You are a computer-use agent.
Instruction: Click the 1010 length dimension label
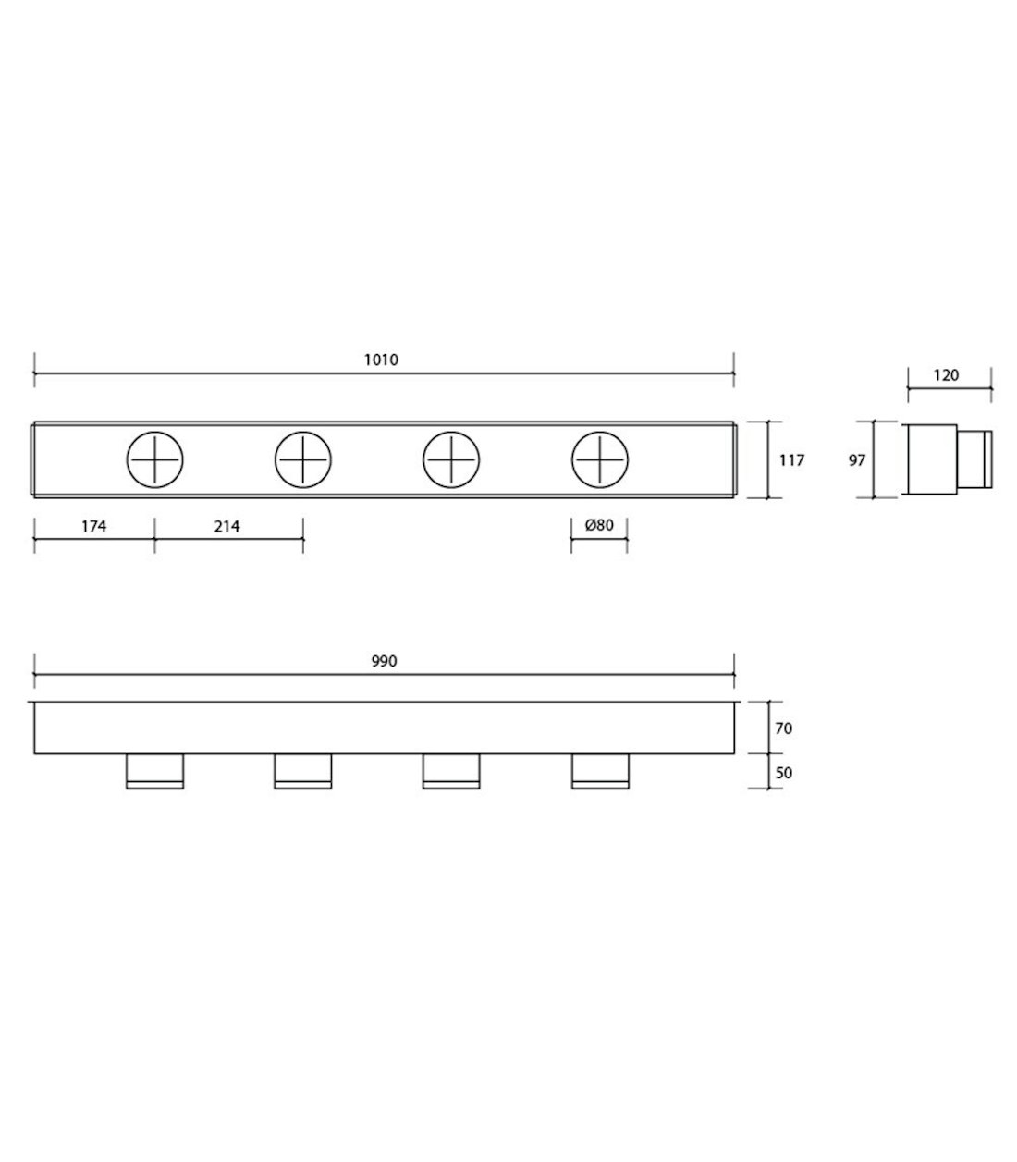(381, 360)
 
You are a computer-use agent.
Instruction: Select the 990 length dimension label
(384, 662)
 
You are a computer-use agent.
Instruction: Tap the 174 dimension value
(94, 526)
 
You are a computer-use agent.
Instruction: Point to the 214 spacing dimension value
(227, 526)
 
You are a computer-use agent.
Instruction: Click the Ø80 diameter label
(599, 526)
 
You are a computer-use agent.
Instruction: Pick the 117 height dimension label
(791, 459)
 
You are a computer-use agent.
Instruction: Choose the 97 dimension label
(857, 459)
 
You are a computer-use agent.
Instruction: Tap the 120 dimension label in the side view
(946, 375)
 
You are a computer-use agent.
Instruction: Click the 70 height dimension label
(782, 728)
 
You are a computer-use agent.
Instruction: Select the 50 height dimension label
(782, 772)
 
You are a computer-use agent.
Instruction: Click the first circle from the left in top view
(154, 459)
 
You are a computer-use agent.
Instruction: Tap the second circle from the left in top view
(303, 459)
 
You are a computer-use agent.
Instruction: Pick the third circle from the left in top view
(451, 459)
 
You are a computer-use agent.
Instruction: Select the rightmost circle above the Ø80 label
(599, 459)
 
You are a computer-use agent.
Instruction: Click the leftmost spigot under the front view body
(154, 772)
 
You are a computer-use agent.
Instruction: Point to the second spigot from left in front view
(303, 772)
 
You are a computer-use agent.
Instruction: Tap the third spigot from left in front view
(451, 772)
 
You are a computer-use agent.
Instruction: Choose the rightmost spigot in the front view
(599, 772)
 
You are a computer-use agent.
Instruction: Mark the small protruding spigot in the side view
(974, 459)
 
